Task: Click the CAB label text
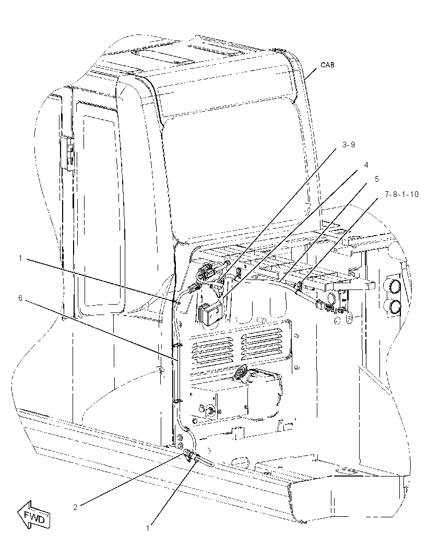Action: click(x=327, y=65)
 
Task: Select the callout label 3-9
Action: click(x=349, y=145)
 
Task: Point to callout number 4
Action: click(x=366, y=165)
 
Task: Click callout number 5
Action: click(x=376, y=180)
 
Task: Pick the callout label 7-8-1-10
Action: click(x=401, y=194)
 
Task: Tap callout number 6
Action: click(x=20, y=298)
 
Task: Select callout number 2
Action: click(x=75, y=507)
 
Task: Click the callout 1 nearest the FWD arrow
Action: click(x=148, y=528)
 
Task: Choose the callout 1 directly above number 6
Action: click(x=20, y=258)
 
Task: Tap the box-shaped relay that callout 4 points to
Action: click(x=209, y=313)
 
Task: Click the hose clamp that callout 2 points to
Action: click(x=189, y=455)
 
